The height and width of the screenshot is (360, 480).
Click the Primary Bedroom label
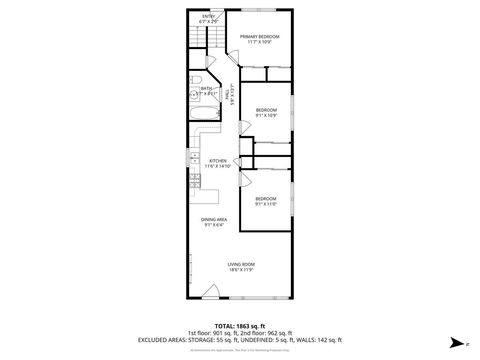click(259, 36)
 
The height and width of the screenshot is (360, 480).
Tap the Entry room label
click(208, 16)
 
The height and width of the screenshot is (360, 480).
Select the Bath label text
click(205, 87)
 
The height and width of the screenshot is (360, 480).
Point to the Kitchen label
click(218, 161)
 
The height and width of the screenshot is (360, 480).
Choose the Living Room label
click(240, 264)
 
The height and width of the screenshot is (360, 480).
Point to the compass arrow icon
click(455, 340)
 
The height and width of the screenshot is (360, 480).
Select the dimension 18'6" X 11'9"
click(240, 270)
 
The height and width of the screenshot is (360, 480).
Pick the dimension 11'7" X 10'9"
click(259, 42)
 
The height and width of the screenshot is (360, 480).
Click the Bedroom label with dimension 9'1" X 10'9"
click(265, 109)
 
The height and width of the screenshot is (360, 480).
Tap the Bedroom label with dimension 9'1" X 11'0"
click(265, 198)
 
